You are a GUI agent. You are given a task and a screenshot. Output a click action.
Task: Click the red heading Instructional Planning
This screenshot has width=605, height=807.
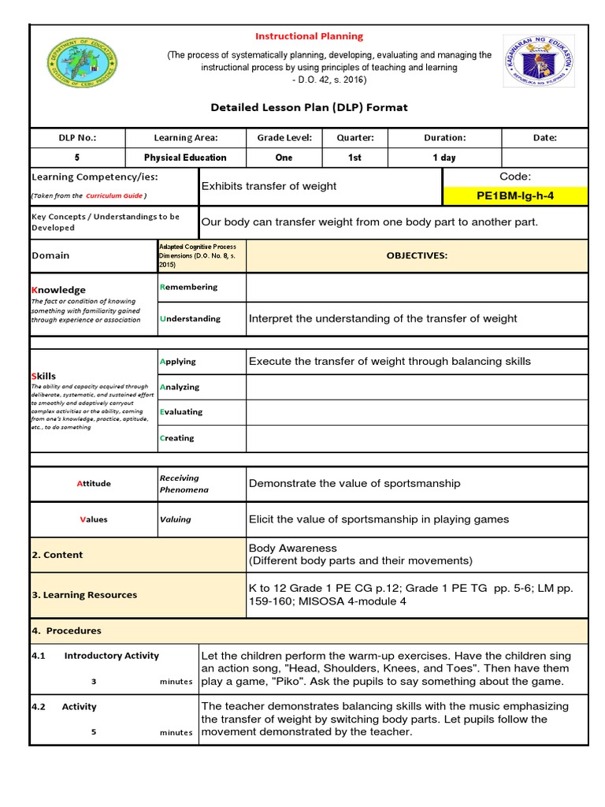click(x=308, y=36)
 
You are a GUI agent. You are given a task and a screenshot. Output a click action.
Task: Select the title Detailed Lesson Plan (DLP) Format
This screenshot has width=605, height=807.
click(x=309, y=107)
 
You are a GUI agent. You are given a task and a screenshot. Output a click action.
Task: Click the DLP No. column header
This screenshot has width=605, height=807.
click(x=77, y=137)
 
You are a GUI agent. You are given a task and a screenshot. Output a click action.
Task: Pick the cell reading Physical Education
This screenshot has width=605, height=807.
click(x=185, y=158)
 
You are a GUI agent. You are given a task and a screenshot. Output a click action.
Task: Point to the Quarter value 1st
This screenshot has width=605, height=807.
click(x=354, y=158)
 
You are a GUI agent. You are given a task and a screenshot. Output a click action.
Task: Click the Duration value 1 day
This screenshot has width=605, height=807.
click(x=444, y=158)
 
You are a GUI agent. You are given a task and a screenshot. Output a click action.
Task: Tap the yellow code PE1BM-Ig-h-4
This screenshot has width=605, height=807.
click(x=515, y=195)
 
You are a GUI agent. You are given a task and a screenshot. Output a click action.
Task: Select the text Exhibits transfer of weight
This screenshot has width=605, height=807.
click(x=269, y=186)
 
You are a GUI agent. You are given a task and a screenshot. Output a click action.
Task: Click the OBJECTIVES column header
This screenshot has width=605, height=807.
click(x=417, y=255)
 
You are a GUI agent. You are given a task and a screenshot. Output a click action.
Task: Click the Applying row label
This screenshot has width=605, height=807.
click(x=178, y=362)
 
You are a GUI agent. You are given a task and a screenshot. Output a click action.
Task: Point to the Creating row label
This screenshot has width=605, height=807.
click(x=177, y=438)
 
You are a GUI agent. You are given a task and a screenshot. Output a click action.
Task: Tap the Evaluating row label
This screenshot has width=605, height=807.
click(x=181, y=411)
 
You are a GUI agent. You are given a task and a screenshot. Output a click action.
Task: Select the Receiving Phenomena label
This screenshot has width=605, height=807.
click(x=180, y=484)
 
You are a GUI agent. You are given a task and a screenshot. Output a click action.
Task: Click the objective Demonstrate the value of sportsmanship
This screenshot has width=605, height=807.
click(x=354, y=483)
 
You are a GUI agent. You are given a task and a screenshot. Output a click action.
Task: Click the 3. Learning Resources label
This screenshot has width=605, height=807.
click(x=84, y=595)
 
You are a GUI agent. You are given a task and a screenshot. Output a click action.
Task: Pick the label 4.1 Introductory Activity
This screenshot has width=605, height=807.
click(x=95, y=656)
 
